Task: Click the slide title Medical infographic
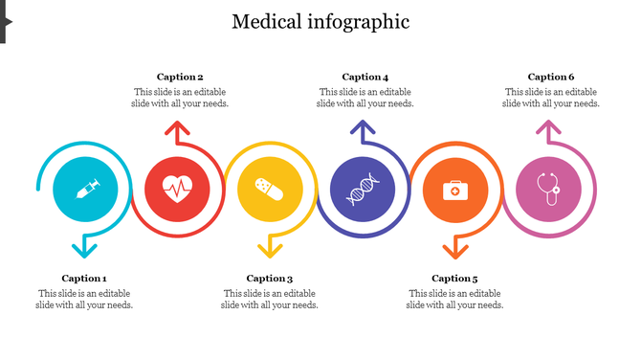(x=320, y=21)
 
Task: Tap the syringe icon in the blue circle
(x=85, y=189)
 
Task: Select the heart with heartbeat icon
(x=177, y=189)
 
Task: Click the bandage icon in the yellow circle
(x=269, y=189)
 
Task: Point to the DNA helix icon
(x=362, y=189)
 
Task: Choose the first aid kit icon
(x=454, y=189)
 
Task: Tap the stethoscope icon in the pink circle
(x=548, y=189)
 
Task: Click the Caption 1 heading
(x=84, y=279)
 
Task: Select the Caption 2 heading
(x=180, y=77)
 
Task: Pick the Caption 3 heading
(x=270, y=279)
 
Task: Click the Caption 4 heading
(x=365, y=77)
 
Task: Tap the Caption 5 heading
(x=455, y=279)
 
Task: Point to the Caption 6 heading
(x=551, y=77)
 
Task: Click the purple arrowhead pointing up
(x=362, y=128)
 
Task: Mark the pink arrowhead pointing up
(x=547, y=128)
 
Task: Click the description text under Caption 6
(x=552, y=98)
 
